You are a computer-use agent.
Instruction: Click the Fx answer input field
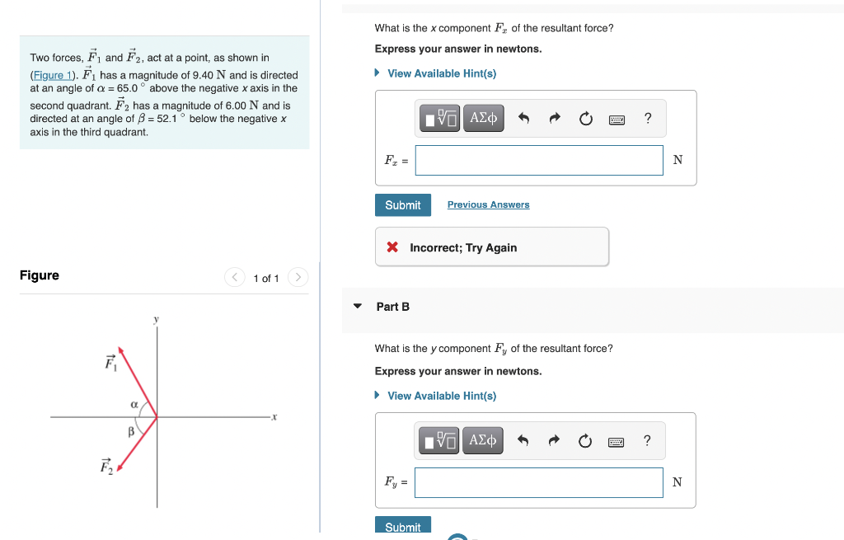[x=538, y=160]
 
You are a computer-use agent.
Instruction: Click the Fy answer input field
[x=538, y=482]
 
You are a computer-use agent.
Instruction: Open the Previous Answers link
[x=488, y=204]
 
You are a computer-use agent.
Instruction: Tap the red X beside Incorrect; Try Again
[x=393, y=247]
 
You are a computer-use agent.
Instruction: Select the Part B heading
[x=392, y=307]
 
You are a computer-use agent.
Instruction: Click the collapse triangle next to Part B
[x=358, y=307]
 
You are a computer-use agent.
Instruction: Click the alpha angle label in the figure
[x=134, y=404]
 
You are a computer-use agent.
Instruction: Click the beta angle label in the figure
[x=130, y=431]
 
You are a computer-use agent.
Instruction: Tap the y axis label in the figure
[x=155, y=319]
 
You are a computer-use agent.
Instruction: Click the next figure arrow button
[x=298, y=278]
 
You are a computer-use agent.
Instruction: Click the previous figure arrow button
[x=235, y=278]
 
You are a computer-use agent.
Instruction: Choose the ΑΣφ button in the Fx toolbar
[x=484, y=118]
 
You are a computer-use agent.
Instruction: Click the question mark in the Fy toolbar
[x=648, y=441]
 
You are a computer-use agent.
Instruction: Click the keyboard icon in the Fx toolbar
[x=617, y=119]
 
